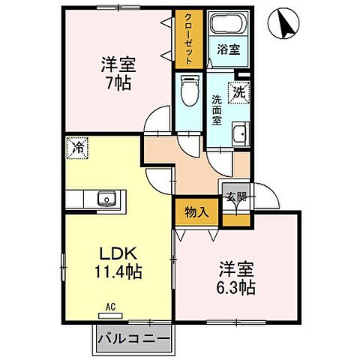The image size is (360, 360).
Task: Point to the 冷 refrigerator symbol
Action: coord(77,148)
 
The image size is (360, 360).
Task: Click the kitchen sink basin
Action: coord(105,199)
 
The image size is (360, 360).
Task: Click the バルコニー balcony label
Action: coord(133,340)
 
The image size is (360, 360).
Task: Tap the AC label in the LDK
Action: coord(109,306)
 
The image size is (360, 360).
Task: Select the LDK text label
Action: coord(112,253)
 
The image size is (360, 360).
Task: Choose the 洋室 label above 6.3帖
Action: coord(236,266)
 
